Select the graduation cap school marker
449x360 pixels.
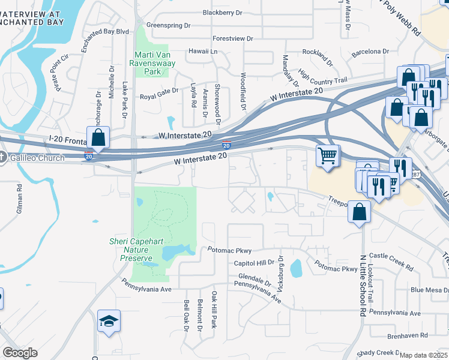click(109, 322)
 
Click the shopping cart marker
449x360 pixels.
click(328, 156)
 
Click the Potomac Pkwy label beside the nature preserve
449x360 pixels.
click(229, 250)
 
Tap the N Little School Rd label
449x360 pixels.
click(363, 285)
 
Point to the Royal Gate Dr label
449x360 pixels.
click(159, 96)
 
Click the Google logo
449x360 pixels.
click(19, 352)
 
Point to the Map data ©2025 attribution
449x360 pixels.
click(423, 355)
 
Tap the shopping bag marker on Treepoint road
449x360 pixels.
click(358, 212)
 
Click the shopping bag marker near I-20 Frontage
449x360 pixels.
click(98, 137)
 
